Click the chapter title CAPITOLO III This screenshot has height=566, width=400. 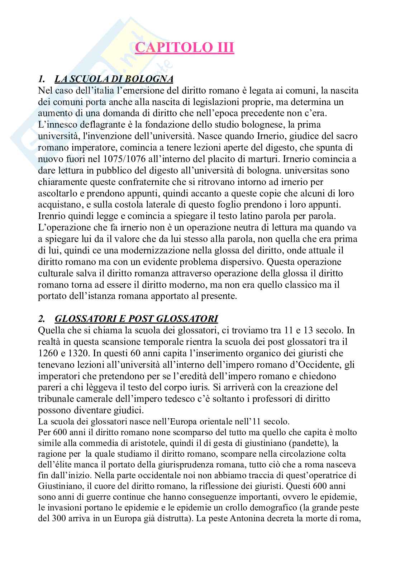(185, 48)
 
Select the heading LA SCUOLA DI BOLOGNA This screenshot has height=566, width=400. (114, 79)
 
